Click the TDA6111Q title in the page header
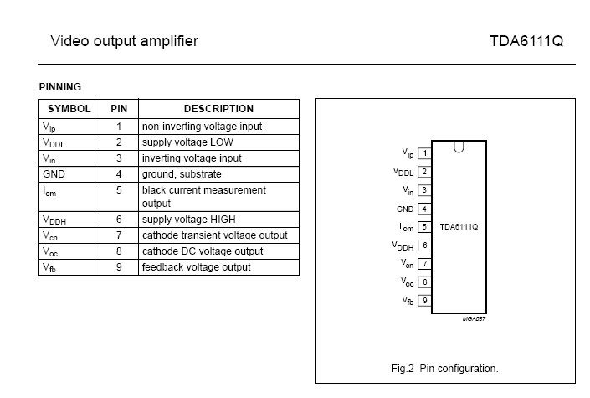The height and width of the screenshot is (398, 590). [527, 40]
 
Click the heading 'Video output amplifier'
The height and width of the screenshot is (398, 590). [125, 40]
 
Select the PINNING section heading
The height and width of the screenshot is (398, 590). [60, 86]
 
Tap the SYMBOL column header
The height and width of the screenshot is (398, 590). [69, 109]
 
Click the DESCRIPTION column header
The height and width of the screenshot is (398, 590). [218, 109]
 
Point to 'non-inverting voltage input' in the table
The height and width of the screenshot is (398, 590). [202, 127]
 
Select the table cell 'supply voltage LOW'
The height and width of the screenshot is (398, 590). [187, 142]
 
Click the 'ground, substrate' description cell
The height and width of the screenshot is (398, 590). [182, 174]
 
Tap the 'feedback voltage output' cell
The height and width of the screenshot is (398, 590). [196, 267]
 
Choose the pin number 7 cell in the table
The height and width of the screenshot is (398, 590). [119, 235]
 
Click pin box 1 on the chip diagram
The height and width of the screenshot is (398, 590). [425, 153]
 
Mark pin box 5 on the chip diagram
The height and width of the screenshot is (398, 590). [425, 227]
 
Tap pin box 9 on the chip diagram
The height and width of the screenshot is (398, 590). [425, 301]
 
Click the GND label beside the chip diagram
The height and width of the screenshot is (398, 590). [405, 209]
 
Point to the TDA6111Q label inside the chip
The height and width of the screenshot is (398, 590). [459, 227]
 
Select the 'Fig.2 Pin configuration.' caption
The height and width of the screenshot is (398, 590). [444, 368]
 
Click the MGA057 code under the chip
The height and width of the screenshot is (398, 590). [474, 319]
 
